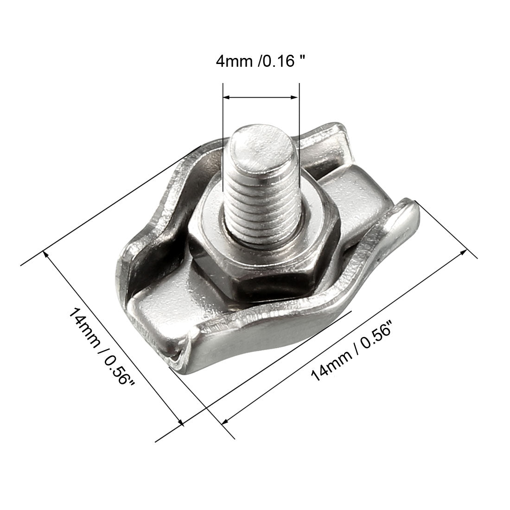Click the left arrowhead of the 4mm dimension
click(226, 97)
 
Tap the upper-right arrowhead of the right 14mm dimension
click(463, 252)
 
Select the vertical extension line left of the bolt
click(223, 139)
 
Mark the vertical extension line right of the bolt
click(299, 139)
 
